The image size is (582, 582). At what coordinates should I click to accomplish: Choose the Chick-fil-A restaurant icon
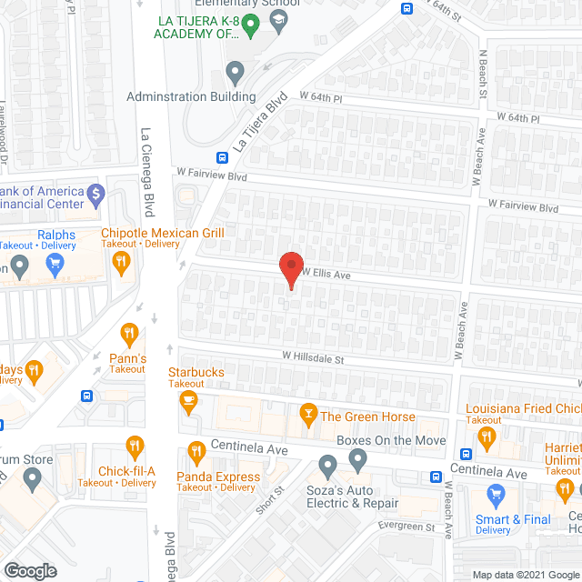(x=135, y=447)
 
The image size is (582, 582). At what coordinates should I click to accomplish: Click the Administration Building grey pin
(x=236, y=70)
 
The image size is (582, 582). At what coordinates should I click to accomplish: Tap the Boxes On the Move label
(x=391, y=441)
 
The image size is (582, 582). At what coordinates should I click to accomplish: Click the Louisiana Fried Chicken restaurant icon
(x=485, y=437)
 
